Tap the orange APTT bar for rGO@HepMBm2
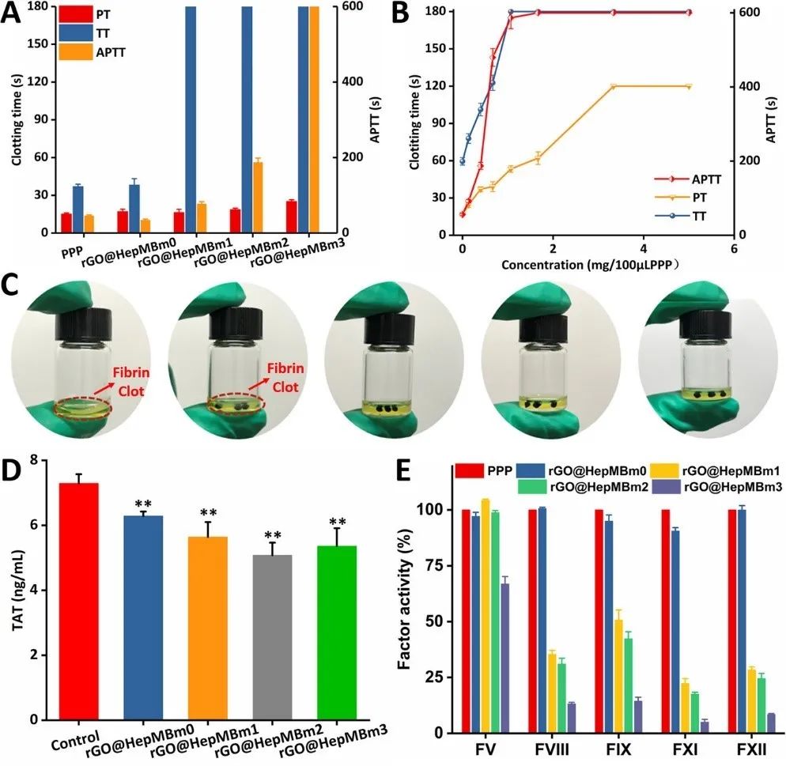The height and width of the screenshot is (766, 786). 257,197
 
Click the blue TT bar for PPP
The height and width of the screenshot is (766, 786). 77,209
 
